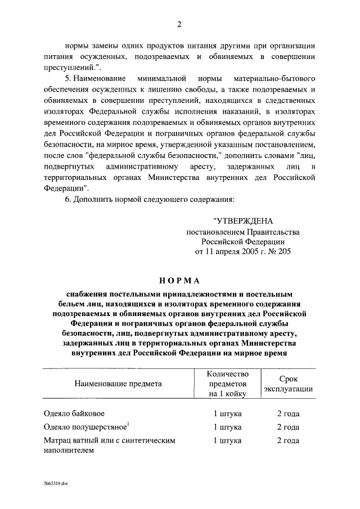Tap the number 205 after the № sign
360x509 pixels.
point(283,252)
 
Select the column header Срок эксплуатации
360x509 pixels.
point(287,384)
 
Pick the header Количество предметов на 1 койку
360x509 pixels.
point(227,384)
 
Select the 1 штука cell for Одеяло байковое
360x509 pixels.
point(227,414)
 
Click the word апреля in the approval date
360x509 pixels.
point(227,252)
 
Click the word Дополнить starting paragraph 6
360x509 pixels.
point(95,200)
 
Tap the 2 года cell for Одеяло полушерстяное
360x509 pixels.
point(287,427)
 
